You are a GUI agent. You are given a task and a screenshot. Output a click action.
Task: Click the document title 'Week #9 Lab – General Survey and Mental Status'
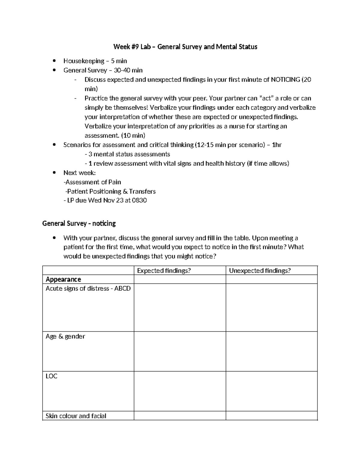[x=185, y=47]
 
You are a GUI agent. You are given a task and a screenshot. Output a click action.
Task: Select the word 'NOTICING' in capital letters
[x=285, y=80]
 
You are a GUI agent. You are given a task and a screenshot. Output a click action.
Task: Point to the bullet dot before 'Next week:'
[x=54, y=173]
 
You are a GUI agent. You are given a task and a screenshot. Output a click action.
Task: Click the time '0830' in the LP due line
[x=139, y=200]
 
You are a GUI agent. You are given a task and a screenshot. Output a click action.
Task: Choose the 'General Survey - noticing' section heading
[x=79, y=224]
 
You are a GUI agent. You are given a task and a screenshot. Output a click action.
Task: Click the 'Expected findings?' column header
[x=164, y=271]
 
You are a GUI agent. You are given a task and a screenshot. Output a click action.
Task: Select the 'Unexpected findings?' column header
[x=260, y=271]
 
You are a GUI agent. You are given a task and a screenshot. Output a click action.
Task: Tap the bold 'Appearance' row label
[x=63, y=280]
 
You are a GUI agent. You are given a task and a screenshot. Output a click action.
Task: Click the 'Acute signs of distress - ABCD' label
[x=88, y=289]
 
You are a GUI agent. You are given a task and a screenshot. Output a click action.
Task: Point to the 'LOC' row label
[x=51, y=376]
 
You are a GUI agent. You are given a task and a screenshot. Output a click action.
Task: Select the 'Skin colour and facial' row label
[x=76, y=416]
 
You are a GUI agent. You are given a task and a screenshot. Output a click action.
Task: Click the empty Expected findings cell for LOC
[x=179, y=391]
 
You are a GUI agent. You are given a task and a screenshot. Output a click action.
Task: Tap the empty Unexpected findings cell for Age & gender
[x=271, y=351]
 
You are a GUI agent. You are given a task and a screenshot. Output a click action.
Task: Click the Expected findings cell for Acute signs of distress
[x=179, y=308]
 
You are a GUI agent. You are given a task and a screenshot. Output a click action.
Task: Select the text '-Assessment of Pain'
[x=92, y=182]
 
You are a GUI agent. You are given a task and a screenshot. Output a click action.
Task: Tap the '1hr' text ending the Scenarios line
[x=276, y=145]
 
